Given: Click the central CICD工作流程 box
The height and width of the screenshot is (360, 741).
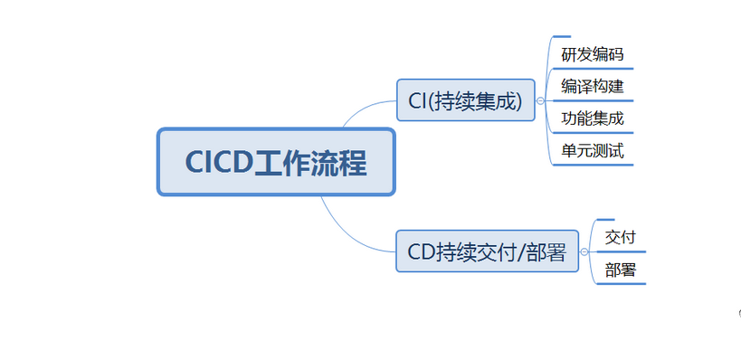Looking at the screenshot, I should click(276, 162).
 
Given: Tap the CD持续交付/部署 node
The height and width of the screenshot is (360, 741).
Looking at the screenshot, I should click(486, 251).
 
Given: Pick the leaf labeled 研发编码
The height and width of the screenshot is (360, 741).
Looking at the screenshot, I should click(592, 54).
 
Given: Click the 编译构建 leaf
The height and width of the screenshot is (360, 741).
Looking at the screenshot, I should click(592, 87).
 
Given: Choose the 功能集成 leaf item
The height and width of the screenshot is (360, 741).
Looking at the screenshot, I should click(592, 118).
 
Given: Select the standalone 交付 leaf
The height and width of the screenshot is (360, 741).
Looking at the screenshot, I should click(620, 237).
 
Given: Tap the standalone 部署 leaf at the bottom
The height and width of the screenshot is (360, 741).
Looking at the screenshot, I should click(620, 270).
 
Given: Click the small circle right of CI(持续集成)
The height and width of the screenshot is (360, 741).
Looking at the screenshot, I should click(540, 101).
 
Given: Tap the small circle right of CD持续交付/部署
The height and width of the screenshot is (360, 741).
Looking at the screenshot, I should click(584, 252).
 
